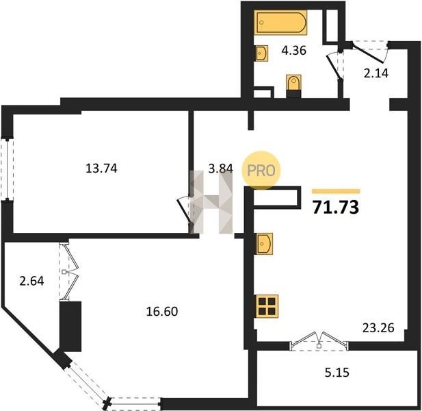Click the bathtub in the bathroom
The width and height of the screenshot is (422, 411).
point(281,23)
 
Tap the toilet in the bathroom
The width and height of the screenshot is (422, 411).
point(293,86)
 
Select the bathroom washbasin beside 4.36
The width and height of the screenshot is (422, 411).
point(261,53)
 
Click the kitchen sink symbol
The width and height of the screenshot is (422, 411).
point(264,244)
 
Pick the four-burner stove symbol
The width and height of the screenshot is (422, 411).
point(267,306)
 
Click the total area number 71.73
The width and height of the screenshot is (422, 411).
point(336,208)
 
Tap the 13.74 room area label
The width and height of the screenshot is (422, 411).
point(101,169)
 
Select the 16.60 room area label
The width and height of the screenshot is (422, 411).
point(162,312)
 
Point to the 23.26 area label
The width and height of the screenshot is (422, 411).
point(378,328)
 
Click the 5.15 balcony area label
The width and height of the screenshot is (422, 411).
point(337,373)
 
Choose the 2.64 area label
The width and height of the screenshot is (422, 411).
point(31,281)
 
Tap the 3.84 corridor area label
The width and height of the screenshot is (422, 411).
point(221,169)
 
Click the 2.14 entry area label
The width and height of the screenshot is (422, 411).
point(376,73)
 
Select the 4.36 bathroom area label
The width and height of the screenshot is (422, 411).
point(294,51)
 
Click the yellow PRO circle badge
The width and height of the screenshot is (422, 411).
point(261,171)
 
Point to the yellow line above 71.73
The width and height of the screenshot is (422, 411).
point(336,191)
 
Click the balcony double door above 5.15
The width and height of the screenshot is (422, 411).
point(319,340)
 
